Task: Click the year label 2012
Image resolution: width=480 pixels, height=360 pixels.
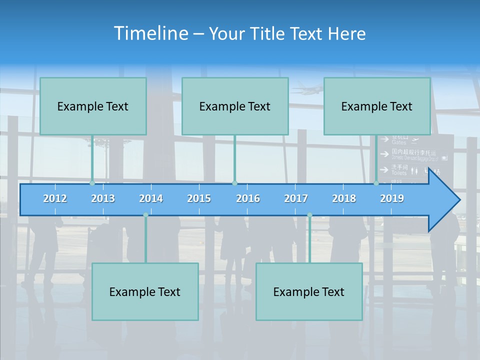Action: coord(55,198)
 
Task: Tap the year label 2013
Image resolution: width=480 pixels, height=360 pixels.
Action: coord(103,198)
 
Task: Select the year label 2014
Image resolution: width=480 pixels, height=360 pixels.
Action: coord(151,198)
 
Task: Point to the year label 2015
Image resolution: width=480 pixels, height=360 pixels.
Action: coord(199,198)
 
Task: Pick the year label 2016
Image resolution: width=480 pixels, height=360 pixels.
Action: coord(248,198)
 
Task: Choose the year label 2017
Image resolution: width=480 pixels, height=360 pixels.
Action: coord(296,198)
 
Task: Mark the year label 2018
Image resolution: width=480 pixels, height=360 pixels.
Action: coord(344,198)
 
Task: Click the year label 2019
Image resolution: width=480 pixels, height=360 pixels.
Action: coord(392,198)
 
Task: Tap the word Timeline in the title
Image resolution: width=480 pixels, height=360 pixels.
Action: coord(151,33)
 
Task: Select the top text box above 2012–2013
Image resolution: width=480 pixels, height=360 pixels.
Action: coord(93,106)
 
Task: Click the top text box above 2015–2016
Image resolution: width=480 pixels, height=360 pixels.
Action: coord(235,106)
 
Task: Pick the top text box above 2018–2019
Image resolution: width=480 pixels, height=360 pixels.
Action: coord(377,106)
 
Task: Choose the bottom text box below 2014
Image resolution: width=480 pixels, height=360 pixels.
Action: coord(145,291)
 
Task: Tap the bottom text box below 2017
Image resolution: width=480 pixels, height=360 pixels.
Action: coord(309,291)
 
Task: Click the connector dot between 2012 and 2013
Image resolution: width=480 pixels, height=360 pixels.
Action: coord(92,183)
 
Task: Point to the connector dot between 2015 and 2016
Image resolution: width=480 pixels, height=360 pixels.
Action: coord(234,183)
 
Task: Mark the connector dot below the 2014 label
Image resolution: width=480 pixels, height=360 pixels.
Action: coord(145,215)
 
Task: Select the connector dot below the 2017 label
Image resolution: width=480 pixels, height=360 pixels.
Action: coord(309,215)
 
